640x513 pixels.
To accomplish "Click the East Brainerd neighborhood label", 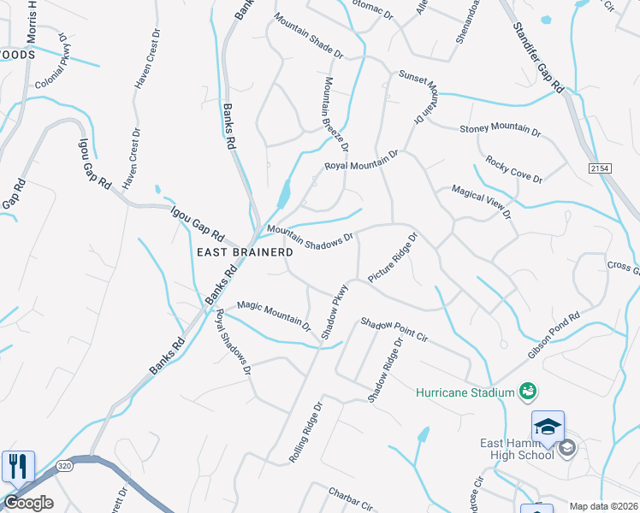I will (x=246, y=252).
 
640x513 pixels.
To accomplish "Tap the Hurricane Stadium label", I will (x=465, y=393).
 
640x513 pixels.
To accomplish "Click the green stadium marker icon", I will (x=528, y=392).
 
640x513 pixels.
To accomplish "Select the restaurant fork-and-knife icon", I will (x=18, y=467).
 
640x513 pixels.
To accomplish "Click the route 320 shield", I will (x=65, y=466).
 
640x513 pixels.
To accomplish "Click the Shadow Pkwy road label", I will (x=335, y=311).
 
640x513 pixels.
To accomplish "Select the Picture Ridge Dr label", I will (x=392, y=257).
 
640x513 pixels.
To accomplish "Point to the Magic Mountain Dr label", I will (x=274, y=314).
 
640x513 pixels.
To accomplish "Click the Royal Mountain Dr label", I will (x=361, y=160).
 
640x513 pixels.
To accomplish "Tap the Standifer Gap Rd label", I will (x=539, y=59).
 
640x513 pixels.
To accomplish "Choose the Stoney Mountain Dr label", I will (x=501, y=129).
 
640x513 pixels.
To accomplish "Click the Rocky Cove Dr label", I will (x=513, y=168).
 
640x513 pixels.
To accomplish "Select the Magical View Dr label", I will (x=481, y=201).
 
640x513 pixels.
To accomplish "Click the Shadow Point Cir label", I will (x=393, y=331).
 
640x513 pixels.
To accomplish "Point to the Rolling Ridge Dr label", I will (x=305, y=432).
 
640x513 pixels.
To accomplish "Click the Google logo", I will (x=28, y=503).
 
